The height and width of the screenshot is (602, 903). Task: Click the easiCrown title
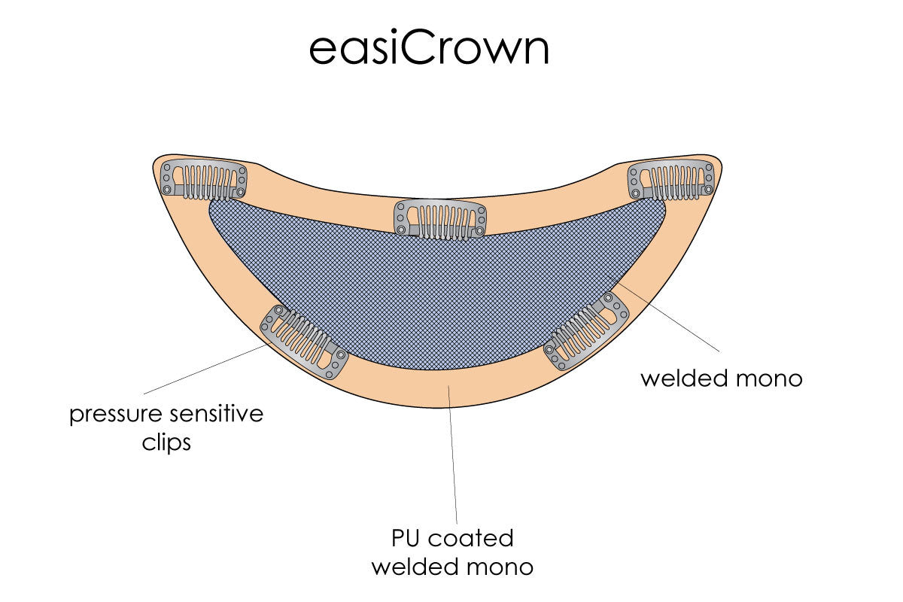(x=429, y=49)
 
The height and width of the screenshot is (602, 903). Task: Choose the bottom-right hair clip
(x=586, y=332)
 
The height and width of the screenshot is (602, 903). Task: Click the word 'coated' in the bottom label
(x=473, y=539)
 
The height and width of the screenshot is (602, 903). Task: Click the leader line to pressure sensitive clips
(x=203, y=369)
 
